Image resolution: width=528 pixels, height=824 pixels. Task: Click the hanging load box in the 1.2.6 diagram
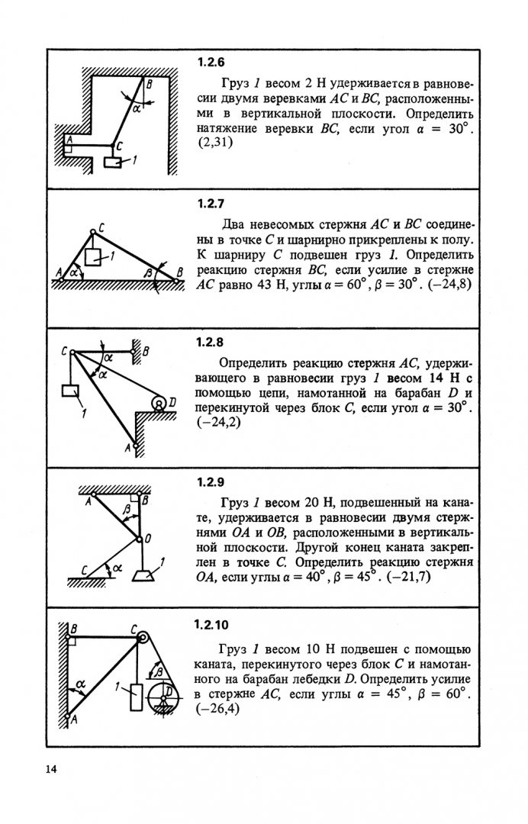[111, 162]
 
